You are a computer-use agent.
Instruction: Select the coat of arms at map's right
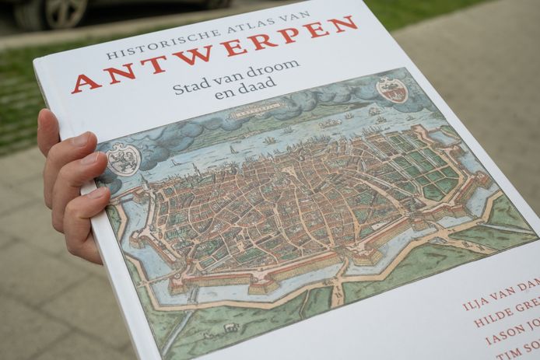pos(392,89)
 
